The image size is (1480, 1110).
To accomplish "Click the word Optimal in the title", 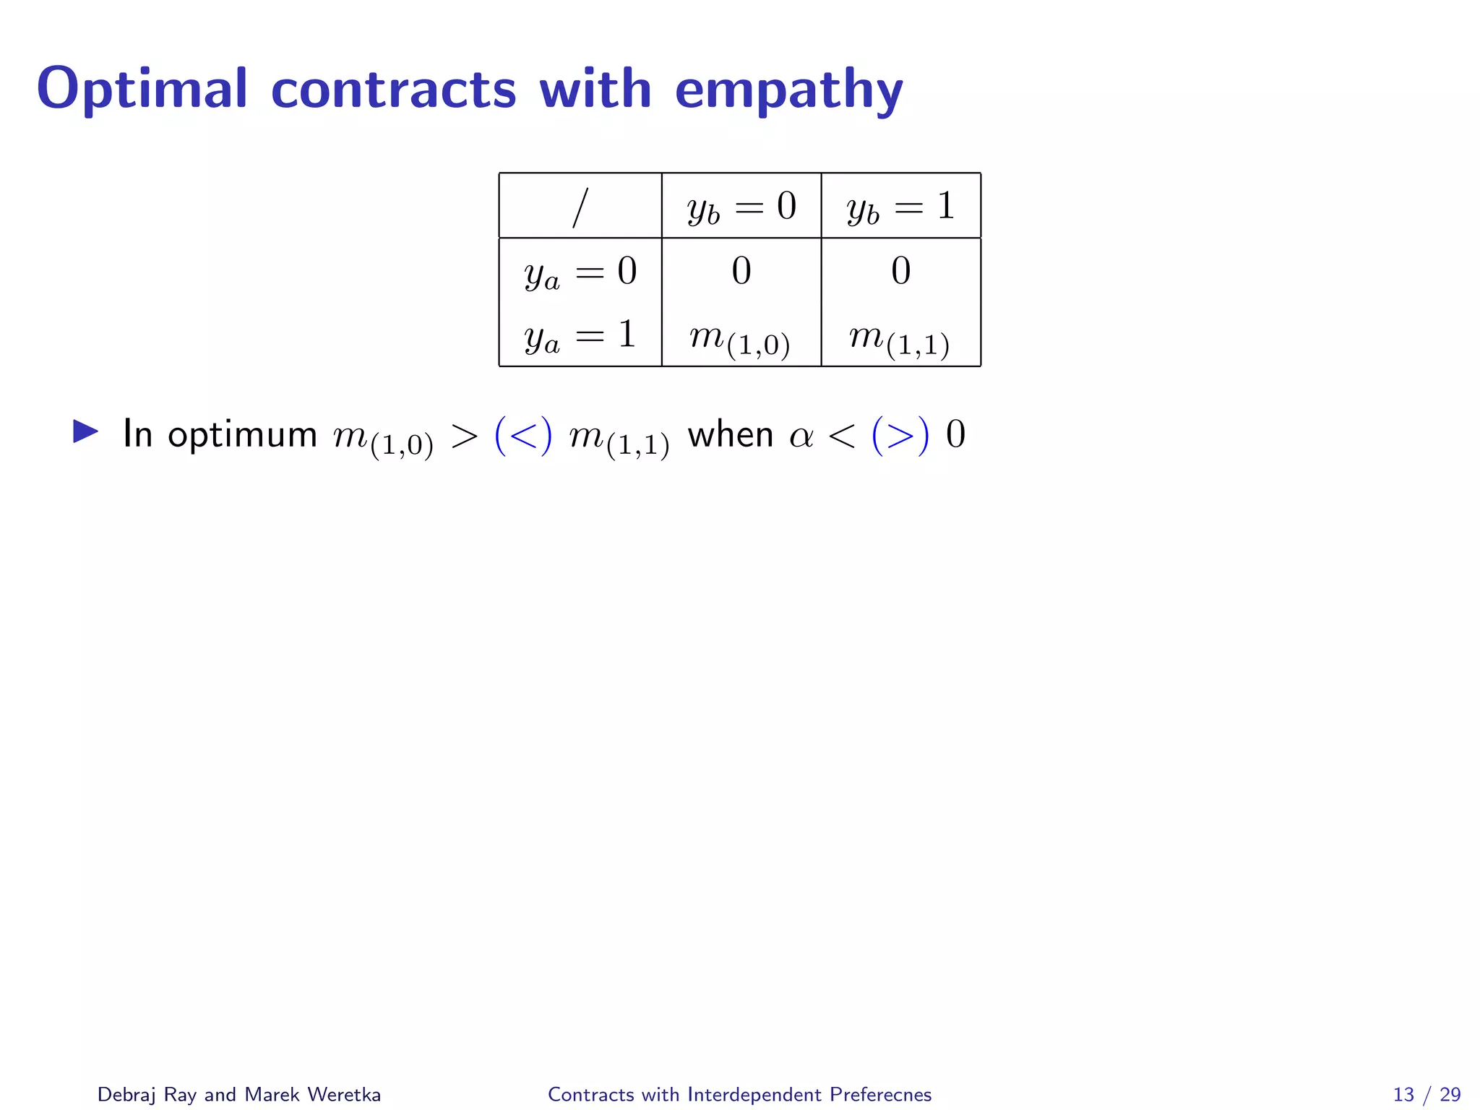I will click(x=142, y=89).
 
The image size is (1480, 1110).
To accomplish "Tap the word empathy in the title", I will click(x=788, y=90).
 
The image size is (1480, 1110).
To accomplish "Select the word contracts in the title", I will click(x=393, y=90).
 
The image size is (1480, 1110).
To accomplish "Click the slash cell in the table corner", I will click(x=580, y=207).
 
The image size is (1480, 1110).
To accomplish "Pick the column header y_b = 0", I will click(x=741, y=207).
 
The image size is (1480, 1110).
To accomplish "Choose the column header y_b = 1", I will click(x=900, y=207).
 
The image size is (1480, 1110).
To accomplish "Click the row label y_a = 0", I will click(x=580, y=272).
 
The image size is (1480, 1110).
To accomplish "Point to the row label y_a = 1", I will click(x=580, y=336).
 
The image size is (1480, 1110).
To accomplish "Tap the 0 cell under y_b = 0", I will click(x=741, y=271).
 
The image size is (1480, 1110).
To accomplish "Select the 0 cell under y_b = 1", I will click(x=900, y=271).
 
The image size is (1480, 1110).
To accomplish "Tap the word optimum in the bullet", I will click(x=242, y=435).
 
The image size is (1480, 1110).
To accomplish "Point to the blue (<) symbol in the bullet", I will click(x=523, y=436).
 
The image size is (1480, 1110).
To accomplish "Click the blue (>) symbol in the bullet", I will click(x=900, y=436).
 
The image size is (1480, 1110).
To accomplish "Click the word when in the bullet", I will click(x=730, y=435).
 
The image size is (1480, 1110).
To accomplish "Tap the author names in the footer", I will click(x=239, y=1094).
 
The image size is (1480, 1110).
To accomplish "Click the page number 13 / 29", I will click(x=1427, y=1094).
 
